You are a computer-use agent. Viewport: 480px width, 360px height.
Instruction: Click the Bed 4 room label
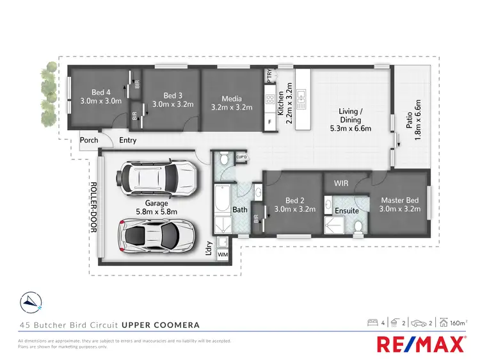(100, 96)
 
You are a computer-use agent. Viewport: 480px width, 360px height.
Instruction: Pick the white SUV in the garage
(157, 176)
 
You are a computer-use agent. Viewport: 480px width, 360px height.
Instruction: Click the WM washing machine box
(223, 255)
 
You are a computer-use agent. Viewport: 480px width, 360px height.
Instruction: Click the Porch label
(89, 141)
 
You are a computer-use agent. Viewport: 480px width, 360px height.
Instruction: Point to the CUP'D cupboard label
(241, 157)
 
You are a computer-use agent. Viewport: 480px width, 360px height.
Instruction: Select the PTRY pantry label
(269, 75)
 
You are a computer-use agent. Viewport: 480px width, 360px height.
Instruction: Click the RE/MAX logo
(421, 345)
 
